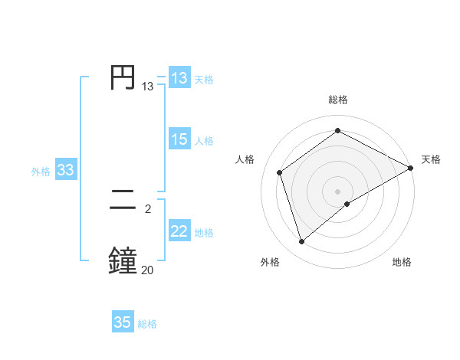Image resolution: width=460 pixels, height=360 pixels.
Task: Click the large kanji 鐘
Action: [x=123, y=260]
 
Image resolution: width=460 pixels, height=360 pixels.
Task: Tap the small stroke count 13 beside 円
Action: [x=148, y=87]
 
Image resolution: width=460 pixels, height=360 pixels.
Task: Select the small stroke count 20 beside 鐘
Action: [x=148, y=269]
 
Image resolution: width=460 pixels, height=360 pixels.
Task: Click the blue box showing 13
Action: [x=179, y=78]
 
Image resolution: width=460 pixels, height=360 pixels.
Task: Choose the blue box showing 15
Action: [x=179, y=139]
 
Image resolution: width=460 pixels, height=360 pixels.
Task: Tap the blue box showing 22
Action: [x=179, y=231]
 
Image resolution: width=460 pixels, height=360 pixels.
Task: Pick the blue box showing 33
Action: [x=65, y=170]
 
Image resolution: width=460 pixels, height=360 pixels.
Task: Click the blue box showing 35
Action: [x=123, y=322]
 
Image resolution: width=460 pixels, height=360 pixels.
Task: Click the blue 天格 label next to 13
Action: [x=204, y=80]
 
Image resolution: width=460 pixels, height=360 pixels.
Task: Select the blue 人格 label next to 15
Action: [x=204, y=141]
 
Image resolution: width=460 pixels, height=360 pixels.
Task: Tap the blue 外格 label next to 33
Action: [x=41, y=172]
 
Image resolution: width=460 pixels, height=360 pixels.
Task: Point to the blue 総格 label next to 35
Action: [x=147, y=324]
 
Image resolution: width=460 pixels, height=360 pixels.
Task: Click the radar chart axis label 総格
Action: [x=338, y=100]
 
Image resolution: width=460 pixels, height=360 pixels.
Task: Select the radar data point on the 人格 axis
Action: [x=280, y=172]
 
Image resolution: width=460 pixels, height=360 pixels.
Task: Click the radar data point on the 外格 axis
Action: [x=302, y=242]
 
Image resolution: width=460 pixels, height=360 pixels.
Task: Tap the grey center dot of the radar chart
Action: [x=338, y=191]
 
